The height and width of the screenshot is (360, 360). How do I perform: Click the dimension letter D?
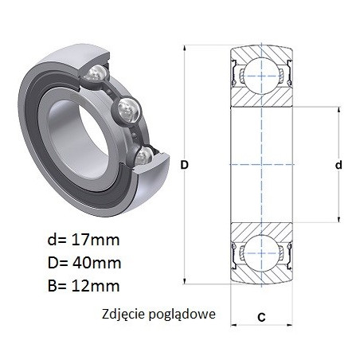point(184,165)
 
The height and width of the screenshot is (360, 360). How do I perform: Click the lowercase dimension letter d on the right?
point(338,165)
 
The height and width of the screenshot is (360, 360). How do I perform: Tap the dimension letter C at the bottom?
point(261,317)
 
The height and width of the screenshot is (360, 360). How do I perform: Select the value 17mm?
point(96,240)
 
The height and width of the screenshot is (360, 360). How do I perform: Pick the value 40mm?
point(96,263)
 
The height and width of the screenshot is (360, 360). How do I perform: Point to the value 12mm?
point(96,286)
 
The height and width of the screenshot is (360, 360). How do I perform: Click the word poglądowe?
point(182,315)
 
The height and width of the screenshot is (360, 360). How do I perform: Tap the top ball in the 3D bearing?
point(96,72)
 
